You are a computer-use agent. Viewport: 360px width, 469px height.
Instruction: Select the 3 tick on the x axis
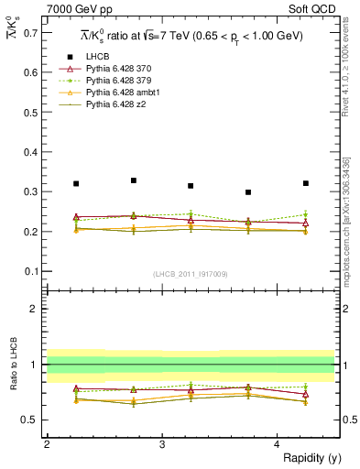click(x=162, y=444)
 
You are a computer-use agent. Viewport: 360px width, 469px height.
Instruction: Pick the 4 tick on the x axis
click(x=278, y=444)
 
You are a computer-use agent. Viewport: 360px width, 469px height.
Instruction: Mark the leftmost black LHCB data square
click(x=76, y=184)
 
